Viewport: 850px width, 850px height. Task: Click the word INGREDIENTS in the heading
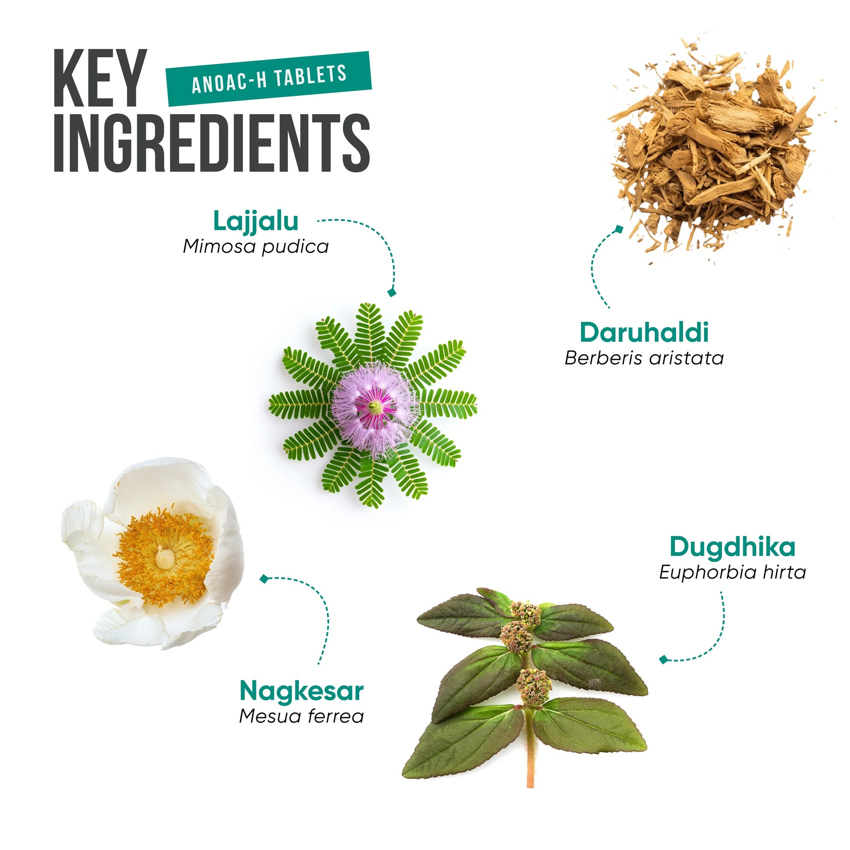(212, 142)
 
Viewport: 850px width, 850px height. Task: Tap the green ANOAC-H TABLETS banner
(269, 79)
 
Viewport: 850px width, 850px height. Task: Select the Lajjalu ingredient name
(256, 221)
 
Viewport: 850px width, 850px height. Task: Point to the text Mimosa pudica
(256, 246)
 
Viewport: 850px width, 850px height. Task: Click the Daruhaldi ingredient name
(644, 332)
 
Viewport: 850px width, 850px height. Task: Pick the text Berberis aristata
(644, 358)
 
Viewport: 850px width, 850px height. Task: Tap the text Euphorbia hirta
(733, 572)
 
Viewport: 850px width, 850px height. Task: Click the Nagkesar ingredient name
(301, 691)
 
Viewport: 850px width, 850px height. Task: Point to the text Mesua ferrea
(301, 717)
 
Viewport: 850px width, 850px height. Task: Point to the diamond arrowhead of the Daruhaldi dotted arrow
(619, 229)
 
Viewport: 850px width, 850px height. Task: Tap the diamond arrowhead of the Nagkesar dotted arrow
(264, 579)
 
